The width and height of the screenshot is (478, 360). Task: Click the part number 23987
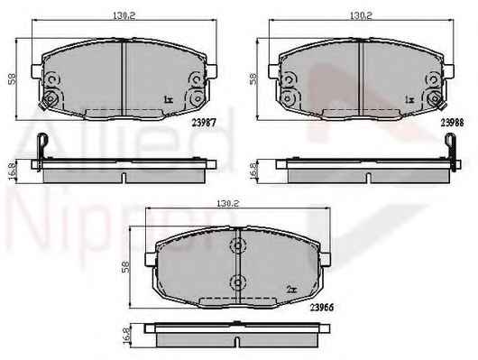click(x=204, y=123)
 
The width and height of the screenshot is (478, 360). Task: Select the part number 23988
click(x=453, y=123)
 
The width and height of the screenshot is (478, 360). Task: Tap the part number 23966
click(x=322, y=308)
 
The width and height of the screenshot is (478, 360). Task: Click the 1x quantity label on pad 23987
click(x=169, y=99)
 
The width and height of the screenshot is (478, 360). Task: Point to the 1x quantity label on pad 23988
click(x=409, y=99)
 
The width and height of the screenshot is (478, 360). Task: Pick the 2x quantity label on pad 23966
click(x=291, y=290)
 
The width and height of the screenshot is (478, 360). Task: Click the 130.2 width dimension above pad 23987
click(x=124, y=16)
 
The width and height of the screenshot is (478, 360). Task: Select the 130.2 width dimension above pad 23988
click(x=361, y=16)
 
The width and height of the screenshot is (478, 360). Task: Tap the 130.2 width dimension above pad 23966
click(x=227, y=203)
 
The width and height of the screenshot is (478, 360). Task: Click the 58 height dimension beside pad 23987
click(x=13, y=79)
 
